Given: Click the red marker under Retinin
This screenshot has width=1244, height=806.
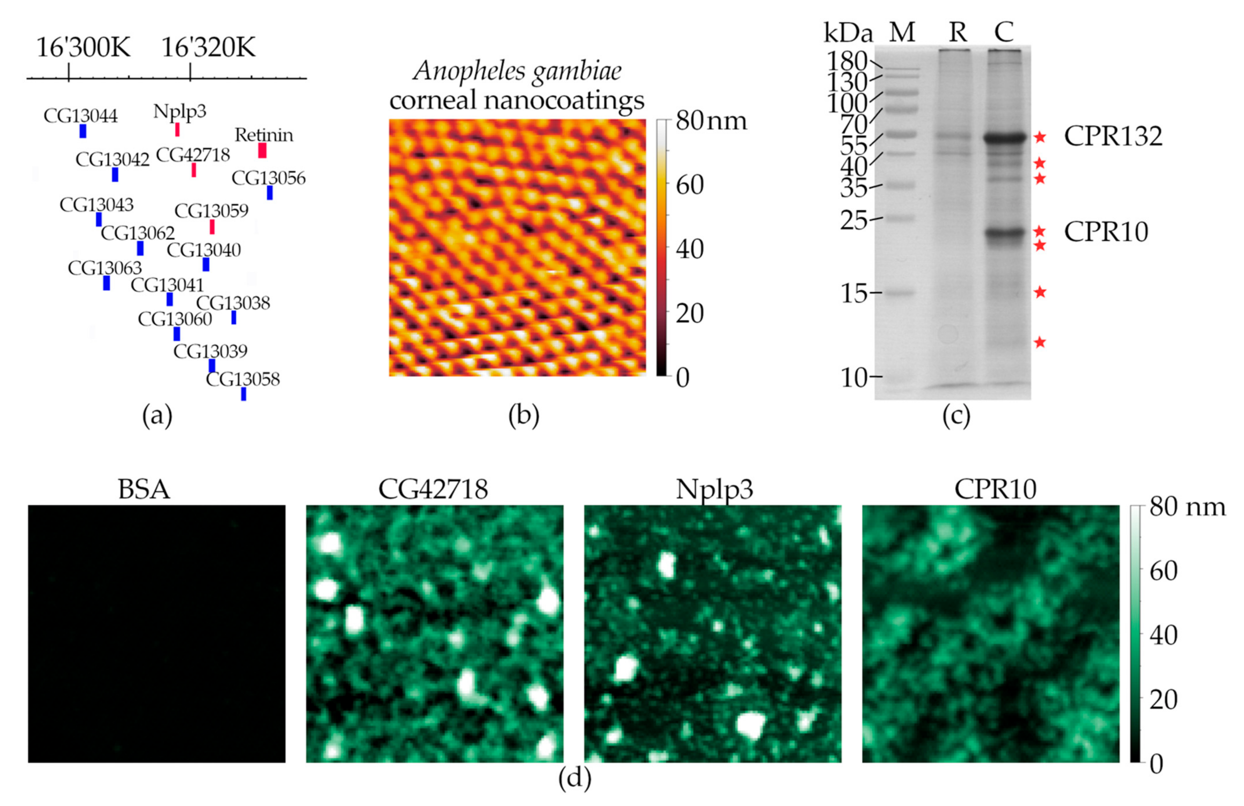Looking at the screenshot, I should [x=262, y=150].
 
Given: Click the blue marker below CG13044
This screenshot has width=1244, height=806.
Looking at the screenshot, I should [x=83, y=131].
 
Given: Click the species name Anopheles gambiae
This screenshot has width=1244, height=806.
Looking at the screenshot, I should [x=517, y=70].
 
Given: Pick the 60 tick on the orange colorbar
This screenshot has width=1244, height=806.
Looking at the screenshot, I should [x=690, y=185].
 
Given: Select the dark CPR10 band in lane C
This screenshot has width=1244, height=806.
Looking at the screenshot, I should [x=1003, y=233].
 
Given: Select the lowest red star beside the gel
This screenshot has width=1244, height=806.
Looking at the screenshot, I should [x=1040, y=342].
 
